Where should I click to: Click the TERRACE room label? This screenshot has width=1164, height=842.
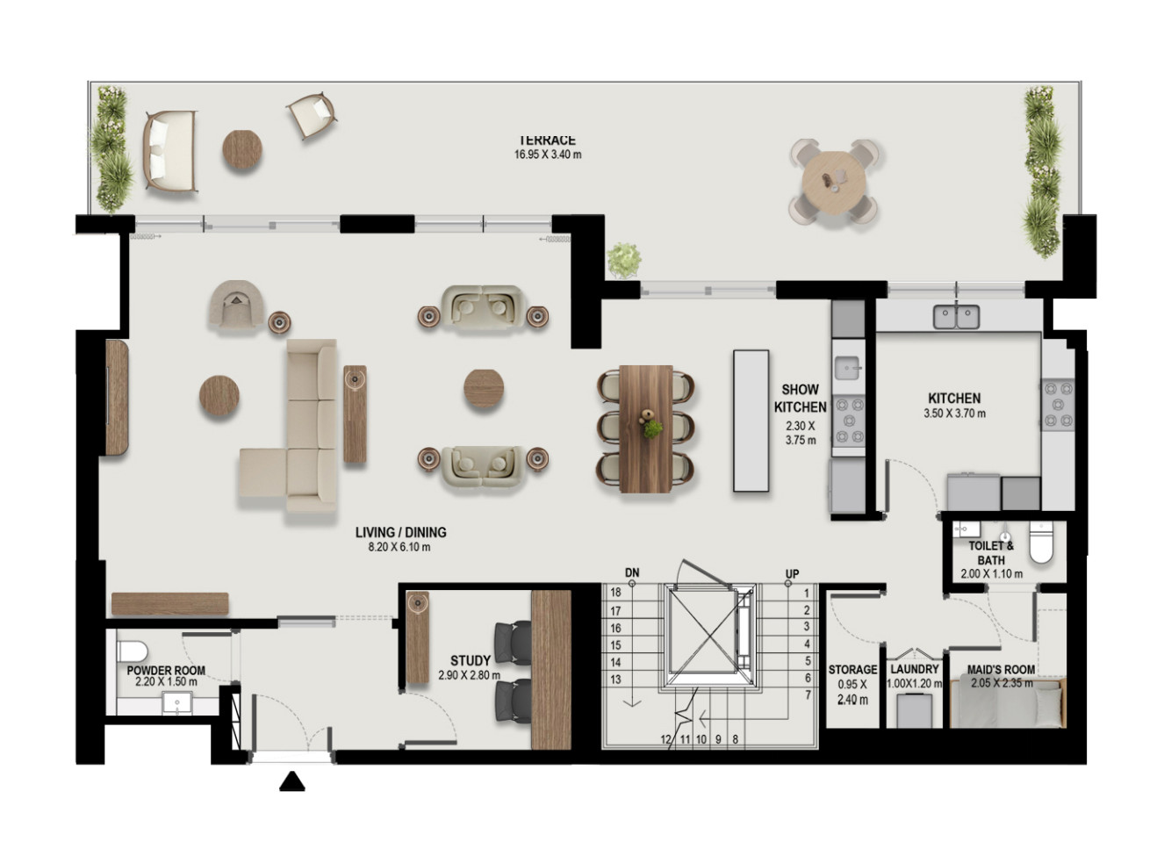pyautogui.click(x=548, y=140)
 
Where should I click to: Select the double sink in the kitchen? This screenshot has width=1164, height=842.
pyautogui.click(x=956, y=317)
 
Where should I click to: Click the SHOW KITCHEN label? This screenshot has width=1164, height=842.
pyautogui.click(x=801, y=398)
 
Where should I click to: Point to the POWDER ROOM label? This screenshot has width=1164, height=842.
pyautogui.click(x=166, y=671)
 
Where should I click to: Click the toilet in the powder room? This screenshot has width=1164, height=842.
pyautogui.click(x=133, y=651)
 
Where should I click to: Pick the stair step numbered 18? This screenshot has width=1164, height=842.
pyautogui.click(x=615, y=592)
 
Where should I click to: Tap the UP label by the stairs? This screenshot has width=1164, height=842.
pyautogui.click(x=792, y=574)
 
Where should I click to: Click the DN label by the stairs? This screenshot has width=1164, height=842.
pyautogui.click(x=632, y=572)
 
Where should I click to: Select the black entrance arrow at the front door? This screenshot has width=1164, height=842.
pyautogui.click(x=292, y=781)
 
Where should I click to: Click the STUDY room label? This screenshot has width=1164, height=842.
pyautogui.click(x=471, y=660)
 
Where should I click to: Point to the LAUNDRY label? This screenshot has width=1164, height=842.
pyautogui.click(x=915, y=669)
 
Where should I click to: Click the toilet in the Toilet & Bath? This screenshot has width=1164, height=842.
pyautogui.click(x=1041, y=543)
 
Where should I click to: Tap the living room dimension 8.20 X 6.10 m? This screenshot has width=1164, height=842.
pyautogui.click(x=399, y=547)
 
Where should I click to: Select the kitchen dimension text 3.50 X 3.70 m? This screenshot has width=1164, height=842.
pyautogui.click(x=954, y=414)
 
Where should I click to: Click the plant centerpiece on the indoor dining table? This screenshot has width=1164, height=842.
pyautogui.click(x=653, y=428)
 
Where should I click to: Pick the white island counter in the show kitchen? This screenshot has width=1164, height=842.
pyautogui.click(x=751, y=421)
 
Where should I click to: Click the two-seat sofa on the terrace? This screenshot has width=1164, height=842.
pyautogui.click(x=170, y=150)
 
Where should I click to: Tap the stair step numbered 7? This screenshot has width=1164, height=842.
pyautogui.click(x=808, y=694)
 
